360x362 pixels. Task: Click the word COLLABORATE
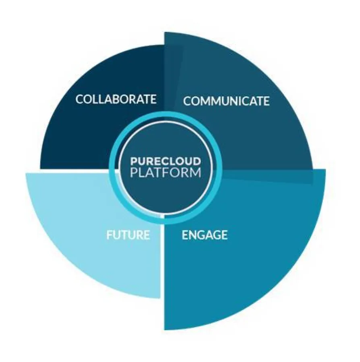pos(116,99)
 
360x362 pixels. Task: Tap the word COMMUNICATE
pos(226,101)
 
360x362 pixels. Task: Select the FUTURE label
pos(128,234)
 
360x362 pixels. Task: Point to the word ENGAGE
pos(205,235)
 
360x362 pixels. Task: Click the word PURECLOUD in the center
pos(165,161)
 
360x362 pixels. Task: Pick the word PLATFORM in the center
pos(165,173)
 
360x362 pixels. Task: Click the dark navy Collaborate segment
pos(89,133)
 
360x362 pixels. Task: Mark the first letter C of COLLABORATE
pos(80,99)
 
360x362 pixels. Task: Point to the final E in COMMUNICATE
pos(266,101)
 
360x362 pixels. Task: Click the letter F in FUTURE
pos(109,234)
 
